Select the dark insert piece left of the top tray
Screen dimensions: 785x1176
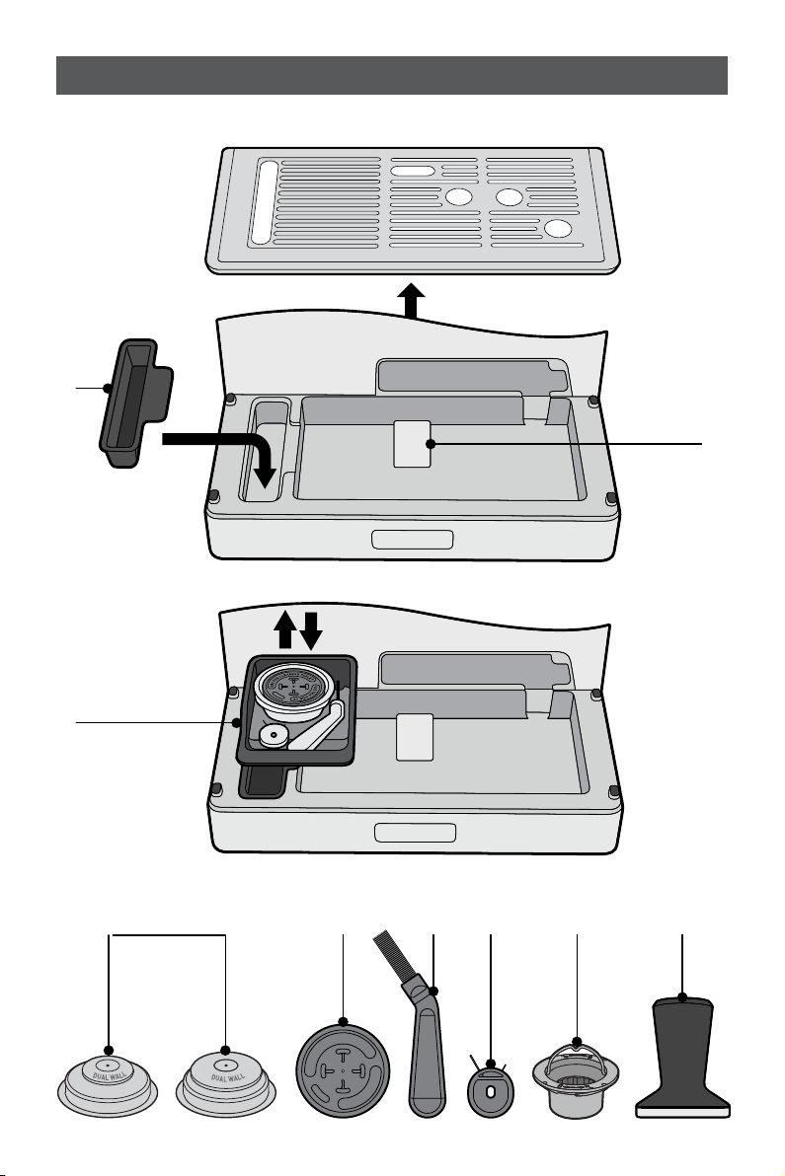[x=135, y=404]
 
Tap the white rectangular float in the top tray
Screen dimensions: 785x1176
[x=413, y=444]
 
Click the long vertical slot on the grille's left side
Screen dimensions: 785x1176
[x=263, y=202]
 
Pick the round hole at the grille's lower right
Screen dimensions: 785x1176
[x=558, y=229]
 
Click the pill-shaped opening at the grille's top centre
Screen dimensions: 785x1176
[x=413, y=171]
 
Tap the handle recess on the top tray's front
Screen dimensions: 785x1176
[x=412, y=539]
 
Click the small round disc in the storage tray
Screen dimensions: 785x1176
[x=272, y=735]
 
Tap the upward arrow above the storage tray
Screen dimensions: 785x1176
[x=285, y=629]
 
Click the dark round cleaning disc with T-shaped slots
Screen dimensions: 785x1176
[x=342, y=1069]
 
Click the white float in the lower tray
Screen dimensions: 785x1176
[x=415, y=737]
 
